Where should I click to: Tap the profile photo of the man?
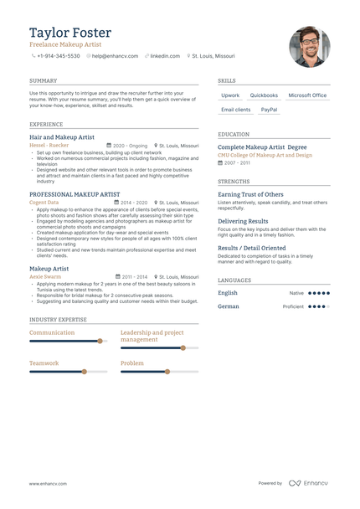(x=309, y=47)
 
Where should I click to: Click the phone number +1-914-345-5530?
(x=58, y=56)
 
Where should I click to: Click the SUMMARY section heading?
(x=43, y=81)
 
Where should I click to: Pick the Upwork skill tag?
(x=230, y=95)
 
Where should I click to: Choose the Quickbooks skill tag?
(x=264, y=95)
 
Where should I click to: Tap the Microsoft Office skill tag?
(x=307, y=95)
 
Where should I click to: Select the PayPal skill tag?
(x=269, y=110)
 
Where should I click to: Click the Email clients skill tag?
(x=235, y=110)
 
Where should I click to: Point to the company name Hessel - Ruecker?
(x=49, y=145)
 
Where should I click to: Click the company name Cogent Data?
(x=44, y=203)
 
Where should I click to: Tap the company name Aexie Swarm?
(x=45, y=276)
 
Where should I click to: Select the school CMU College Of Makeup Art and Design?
(x=265, y=155)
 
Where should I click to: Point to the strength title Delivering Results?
(x=243, y=221)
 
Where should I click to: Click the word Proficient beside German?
(x=293, y=306)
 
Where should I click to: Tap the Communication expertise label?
(x=52, y=332)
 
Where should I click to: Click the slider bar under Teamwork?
(x=68, y=372)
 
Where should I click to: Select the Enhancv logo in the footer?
(x=309, y=483)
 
